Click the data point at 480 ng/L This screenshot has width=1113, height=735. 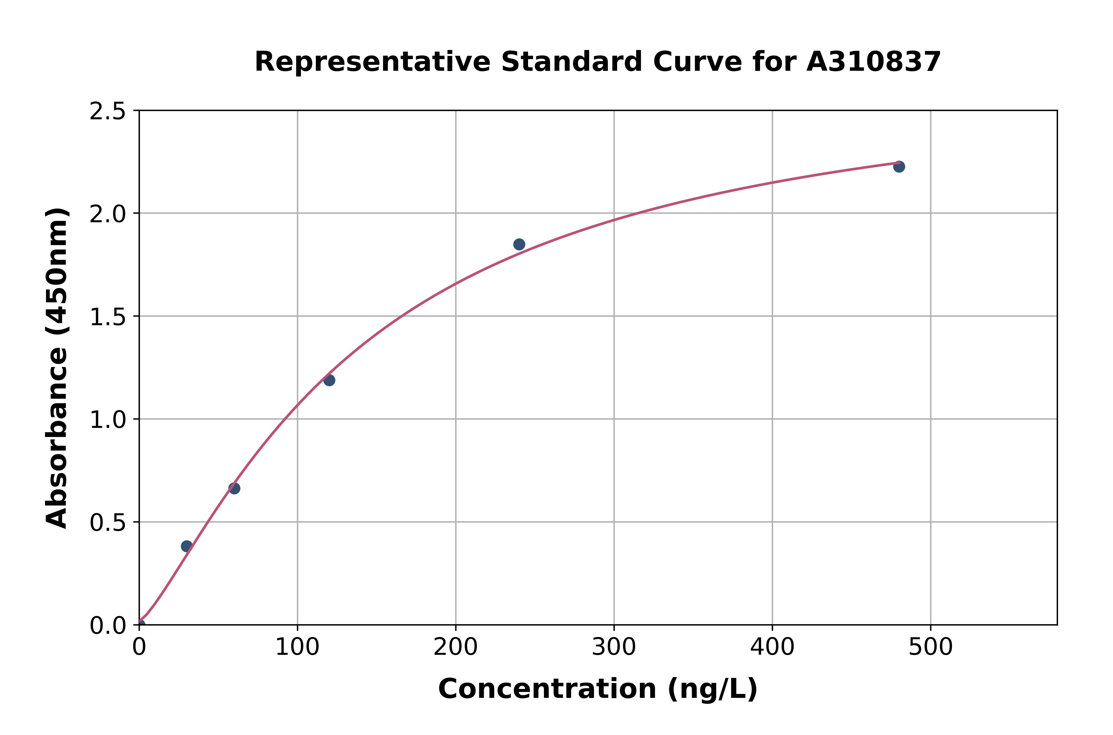coord(899,166)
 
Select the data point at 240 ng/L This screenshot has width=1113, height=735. coord(519,244)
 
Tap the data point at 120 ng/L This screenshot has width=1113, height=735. coord(329,380)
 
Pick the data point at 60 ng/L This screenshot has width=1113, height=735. coord(234,489)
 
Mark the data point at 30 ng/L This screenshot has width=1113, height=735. coord(186,546)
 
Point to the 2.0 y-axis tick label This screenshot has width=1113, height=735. coord(108,214)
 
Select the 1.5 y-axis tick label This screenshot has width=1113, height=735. coord(108,317)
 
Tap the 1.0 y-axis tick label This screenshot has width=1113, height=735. coord(108,420)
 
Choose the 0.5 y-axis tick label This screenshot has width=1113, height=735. coord(108,523)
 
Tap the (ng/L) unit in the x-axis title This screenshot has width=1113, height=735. coord(712,689)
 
